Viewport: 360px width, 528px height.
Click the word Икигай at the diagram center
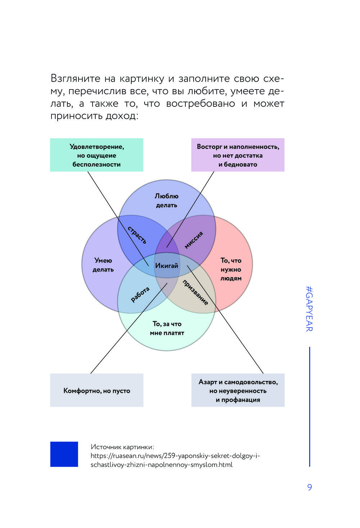tap(167, 266)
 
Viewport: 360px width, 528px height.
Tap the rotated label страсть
tap(137, 235)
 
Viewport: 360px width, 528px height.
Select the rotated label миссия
tap(194, 240)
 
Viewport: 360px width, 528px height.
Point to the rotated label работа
tap(140, 294)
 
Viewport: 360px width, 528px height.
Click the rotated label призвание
tap(195, 292)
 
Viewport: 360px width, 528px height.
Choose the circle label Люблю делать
tap(167, 201)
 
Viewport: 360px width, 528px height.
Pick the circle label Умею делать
tap(103, 265)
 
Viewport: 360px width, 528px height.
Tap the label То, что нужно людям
tap(231, 269)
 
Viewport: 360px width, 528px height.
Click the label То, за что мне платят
tap(167, 328)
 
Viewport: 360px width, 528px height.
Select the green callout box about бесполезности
tap(96, 155)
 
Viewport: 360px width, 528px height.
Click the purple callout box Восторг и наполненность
tap(238, 155)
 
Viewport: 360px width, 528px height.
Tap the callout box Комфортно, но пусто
tap(96, 391)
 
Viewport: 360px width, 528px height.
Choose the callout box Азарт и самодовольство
tap(238, 391)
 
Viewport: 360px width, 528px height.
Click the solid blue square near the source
tap(64, 454)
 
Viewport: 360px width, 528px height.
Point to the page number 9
tap(310, 487)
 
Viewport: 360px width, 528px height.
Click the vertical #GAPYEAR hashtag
tap(309, 309)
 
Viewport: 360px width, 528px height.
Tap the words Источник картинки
tap(122, 447)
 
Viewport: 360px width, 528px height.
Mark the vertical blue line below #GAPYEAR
tap(310, 406)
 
